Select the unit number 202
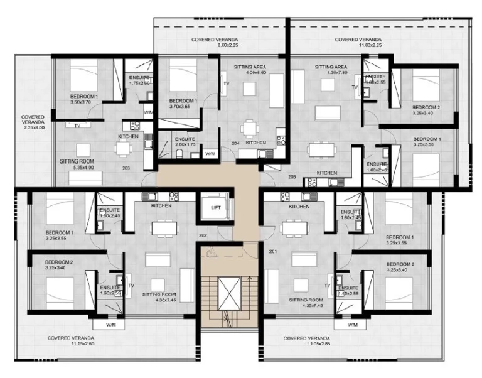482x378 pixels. click(202, 236)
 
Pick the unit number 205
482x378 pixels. click(291, 177)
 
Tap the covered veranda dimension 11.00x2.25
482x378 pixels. click(358, 46)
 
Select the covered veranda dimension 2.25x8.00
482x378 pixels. click(32, 128)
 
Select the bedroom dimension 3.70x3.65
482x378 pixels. click(183, 106)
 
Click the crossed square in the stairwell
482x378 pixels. click(229, 294)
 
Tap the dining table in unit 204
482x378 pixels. click(251, 127)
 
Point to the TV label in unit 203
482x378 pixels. click(77, 126)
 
